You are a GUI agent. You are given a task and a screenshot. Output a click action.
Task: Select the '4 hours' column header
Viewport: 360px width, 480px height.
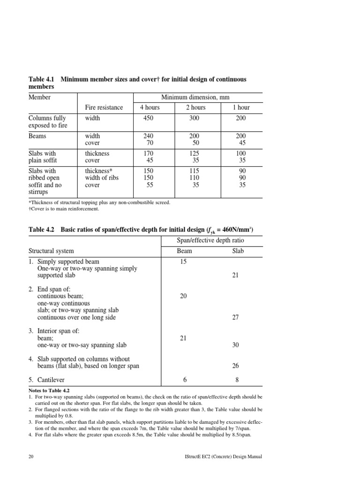(x=150, y=107)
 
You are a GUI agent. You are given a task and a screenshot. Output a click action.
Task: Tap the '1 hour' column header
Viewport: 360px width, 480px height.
(x=241, y=107)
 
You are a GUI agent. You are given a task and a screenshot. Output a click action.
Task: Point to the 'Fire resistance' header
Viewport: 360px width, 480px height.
(x=104, y=107)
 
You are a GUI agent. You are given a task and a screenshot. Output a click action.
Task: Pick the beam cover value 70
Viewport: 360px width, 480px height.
(x=150, y=143)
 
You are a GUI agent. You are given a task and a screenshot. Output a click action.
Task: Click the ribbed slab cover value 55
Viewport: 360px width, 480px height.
(x=150, y=185)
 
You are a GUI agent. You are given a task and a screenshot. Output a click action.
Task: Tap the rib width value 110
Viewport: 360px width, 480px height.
(x=193, y=178)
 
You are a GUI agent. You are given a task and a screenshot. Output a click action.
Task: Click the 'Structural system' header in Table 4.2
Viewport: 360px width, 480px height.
(x=51, y=251)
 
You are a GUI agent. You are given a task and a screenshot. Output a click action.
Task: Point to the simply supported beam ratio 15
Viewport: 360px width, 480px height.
(x=183, y=261)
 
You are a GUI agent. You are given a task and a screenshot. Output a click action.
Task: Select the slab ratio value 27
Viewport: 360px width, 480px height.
(x=236, y=317)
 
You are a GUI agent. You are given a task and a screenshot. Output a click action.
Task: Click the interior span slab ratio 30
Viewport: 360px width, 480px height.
(x=236, y=345)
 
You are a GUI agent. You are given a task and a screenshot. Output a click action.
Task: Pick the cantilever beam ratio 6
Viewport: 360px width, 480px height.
(x=183, y=380)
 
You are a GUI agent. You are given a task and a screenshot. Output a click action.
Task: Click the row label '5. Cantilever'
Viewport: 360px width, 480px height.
(x=47, y=380)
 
